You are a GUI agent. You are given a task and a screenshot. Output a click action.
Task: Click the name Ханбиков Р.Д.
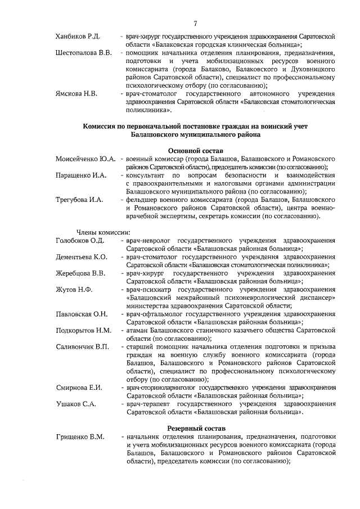click(x=78, y=37)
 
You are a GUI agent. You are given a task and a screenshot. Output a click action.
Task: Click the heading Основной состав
click(x=196, y=151)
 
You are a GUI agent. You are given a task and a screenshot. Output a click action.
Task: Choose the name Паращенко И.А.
click(x=82, y=175)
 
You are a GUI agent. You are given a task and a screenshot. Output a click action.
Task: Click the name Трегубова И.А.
click(x=80, y=200)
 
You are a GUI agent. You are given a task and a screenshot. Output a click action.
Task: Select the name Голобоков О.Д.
click(x=80, y=241)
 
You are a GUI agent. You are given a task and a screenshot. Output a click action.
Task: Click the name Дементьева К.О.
click(x=82, y=257)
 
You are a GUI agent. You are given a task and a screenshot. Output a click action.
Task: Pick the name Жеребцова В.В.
click(x=81, y=273)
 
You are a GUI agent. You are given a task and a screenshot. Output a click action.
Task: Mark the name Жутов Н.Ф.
click(x=74, y=290)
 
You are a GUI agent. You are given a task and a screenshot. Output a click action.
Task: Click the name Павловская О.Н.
click(x=82, y=314)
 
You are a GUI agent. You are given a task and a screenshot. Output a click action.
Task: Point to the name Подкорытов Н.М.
click(x=84, y=330)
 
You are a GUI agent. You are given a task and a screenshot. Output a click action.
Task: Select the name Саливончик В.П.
click(x=82, y=346)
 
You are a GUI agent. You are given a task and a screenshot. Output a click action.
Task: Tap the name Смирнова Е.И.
click(x=79, y=388)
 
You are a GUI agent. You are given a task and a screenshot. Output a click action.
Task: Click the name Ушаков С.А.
click(x=76, y=404)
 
